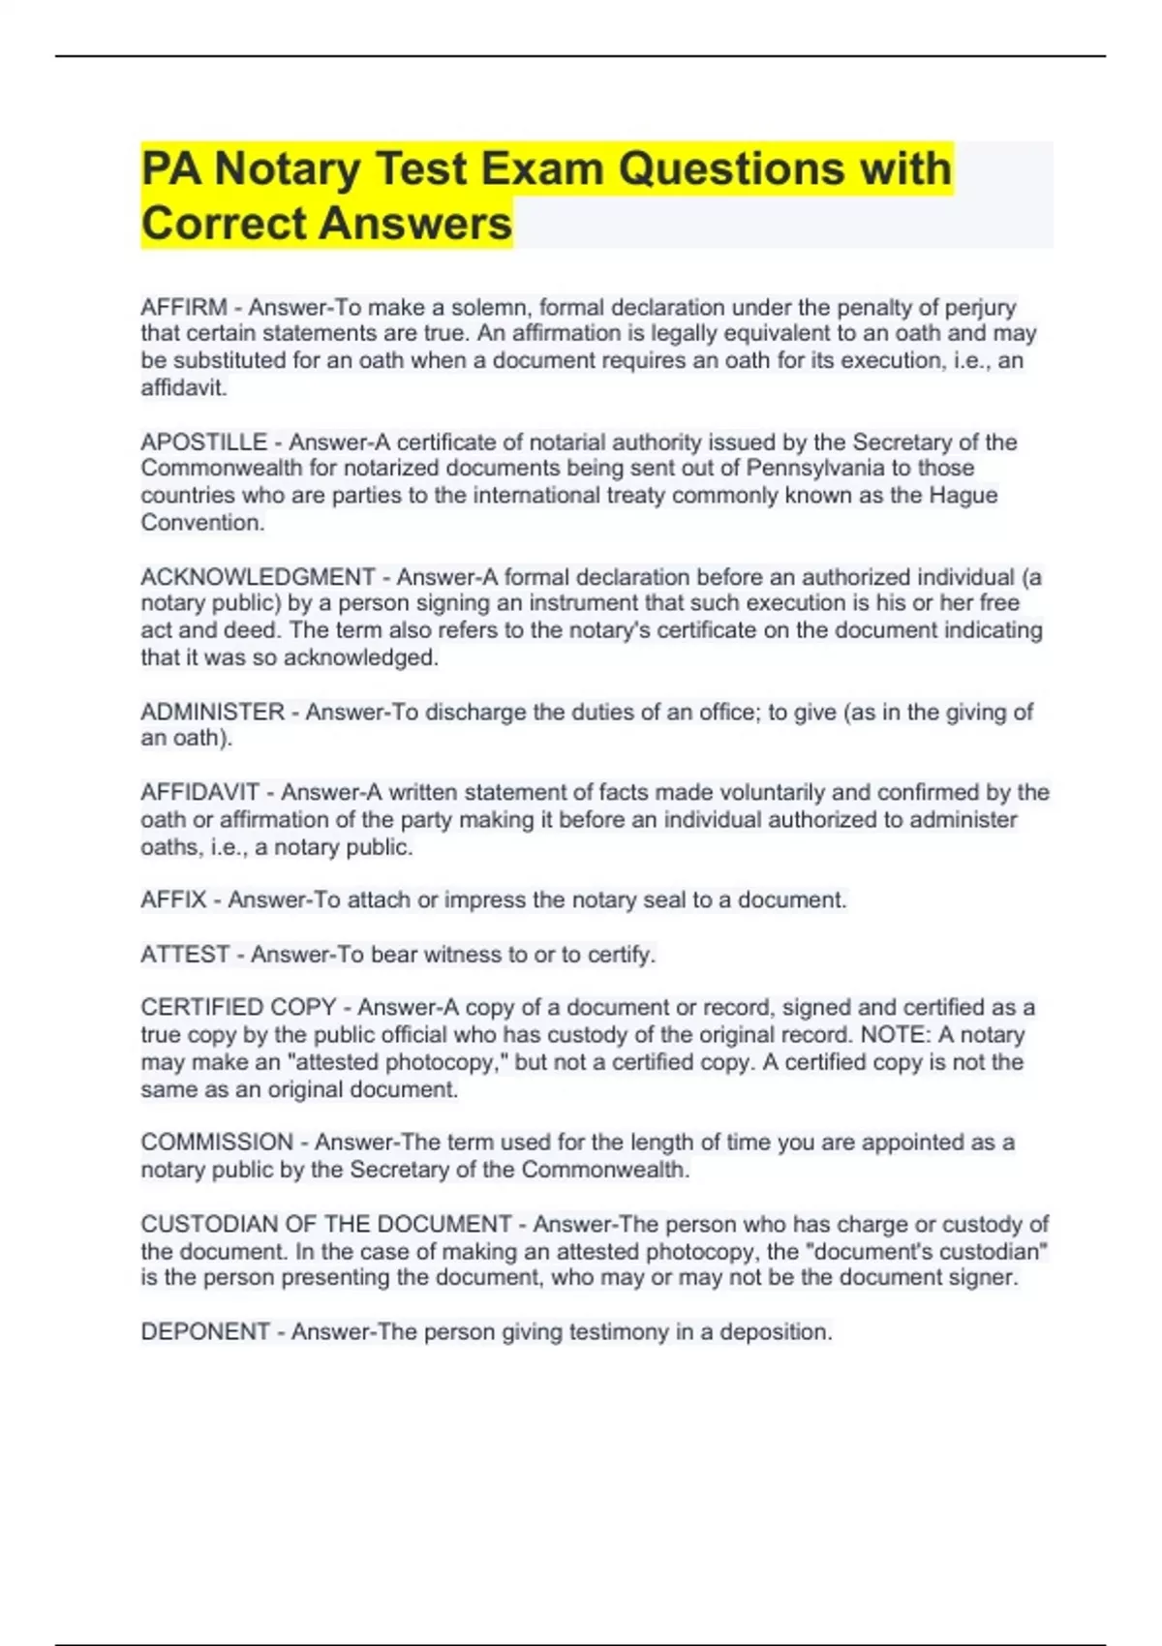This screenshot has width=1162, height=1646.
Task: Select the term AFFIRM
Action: [184, 308]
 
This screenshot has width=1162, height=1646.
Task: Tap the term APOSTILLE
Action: [203, 442]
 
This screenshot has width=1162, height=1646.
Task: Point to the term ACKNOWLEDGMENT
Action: [258, 577]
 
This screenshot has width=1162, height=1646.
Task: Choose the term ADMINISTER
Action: [213, 713]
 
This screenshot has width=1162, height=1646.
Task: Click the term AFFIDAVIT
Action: [200, 793]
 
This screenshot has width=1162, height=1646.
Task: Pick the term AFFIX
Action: [173, 900]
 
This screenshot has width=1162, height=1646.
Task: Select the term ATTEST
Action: [185, 955]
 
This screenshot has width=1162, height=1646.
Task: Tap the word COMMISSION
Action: [217, 1143]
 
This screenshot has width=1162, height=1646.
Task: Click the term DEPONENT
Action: [204, 1332]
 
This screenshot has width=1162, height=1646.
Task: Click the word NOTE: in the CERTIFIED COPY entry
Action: [892, 1035]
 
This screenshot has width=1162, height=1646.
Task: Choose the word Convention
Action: [201, 523]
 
